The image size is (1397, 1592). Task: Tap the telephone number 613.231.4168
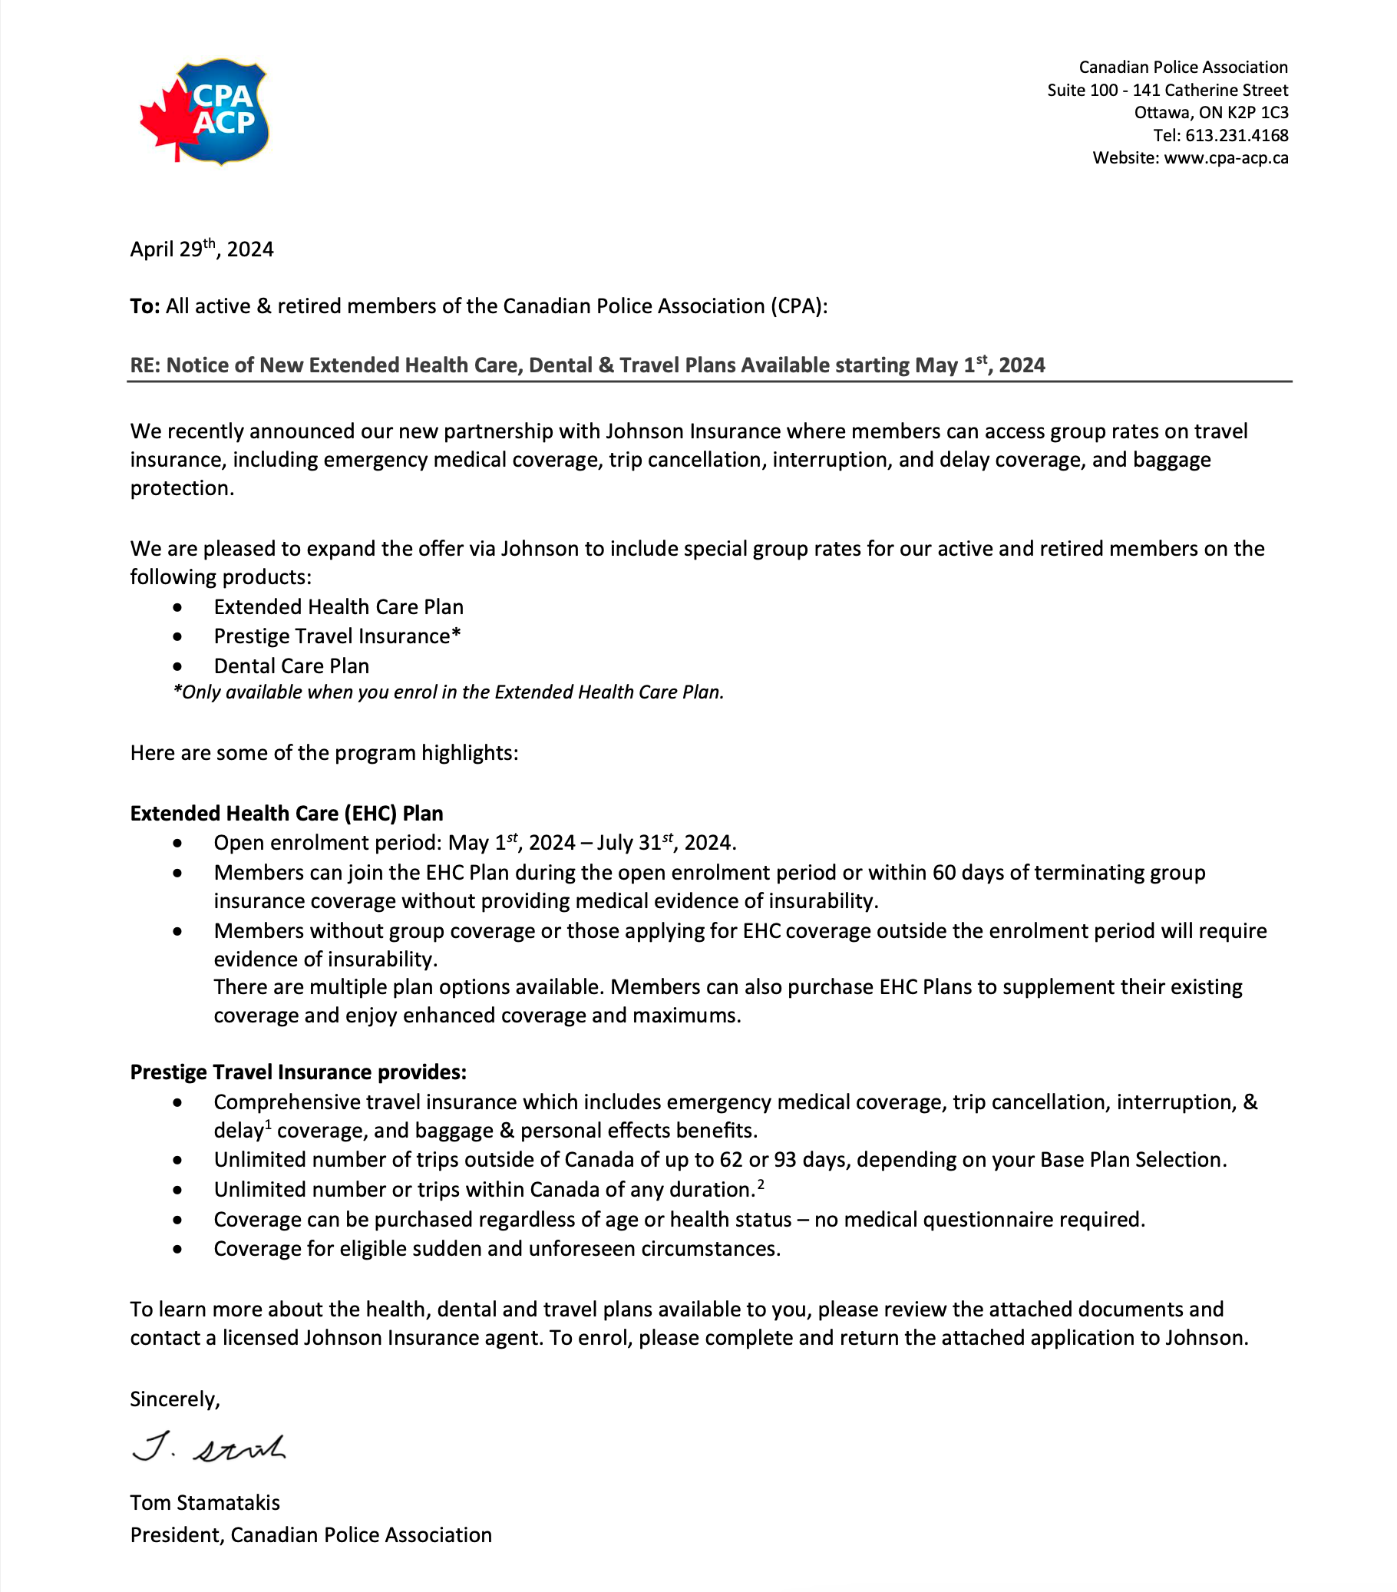pos(1237,136)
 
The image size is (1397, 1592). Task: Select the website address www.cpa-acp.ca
pos(1226,158)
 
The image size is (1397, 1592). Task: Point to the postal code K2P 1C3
pos(1257,113)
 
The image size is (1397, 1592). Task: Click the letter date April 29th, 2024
pos(202,249)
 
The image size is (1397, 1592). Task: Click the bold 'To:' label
pos(145,306)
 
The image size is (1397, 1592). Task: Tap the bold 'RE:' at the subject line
pos(145,365)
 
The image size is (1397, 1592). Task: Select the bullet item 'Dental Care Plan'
pos(291,666)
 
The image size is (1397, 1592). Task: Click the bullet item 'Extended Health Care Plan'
pos(339,606)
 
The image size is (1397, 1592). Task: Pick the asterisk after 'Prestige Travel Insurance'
pos(456,635)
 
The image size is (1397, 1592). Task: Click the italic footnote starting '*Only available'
pos(448,692)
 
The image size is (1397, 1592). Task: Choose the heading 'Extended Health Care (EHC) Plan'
pos(286,813)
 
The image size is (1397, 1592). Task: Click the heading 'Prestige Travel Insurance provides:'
pos(299,1072)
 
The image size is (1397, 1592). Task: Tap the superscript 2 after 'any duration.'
pos(761,1184)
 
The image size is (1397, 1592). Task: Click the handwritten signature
pos(209,1448)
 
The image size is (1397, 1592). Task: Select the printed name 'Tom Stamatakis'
pos(205,1502)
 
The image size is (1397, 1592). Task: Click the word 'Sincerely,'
pos(175,1399)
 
